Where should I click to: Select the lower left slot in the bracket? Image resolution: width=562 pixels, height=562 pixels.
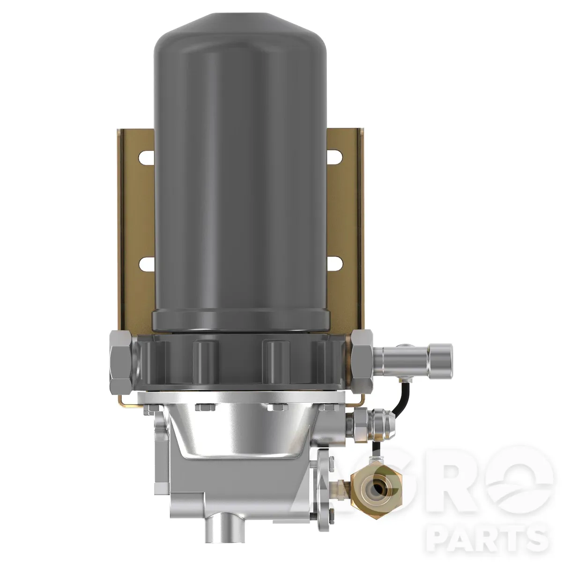[147, 264]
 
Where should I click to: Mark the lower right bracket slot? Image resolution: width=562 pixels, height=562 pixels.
[334, 264]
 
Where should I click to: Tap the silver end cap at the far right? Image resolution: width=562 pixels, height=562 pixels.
[440, 359]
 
